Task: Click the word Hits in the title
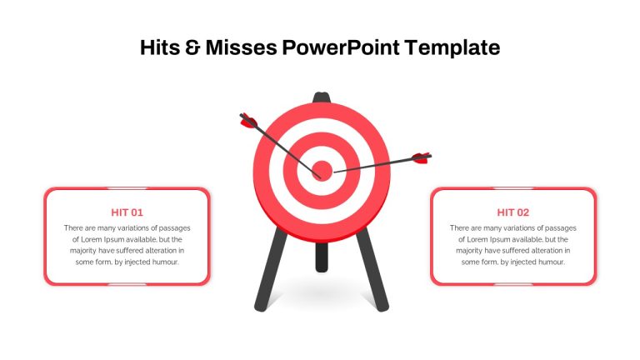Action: (160, 47)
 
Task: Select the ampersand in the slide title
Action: (192, 47)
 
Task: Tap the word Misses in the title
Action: (241, 47)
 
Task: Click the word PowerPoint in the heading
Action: (341, 47)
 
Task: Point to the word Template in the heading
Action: (452, 48)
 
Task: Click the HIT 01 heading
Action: (127, 212)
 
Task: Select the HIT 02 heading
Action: (513, 212)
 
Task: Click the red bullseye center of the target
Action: (322, 170)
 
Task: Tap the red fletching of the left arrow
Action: (247, 121)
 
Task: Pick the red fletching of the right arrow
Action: (420, 158)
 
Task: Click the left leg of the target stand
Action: (270, 270)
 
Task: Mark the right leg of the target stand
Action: (372, 270)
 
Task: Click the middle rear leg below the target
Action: (322, 257)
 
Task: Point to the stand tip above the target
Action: (321, 97)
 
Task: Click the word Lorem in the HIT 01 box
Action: (92, 240)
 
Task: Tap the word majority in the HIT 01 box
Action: (83, 251)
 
